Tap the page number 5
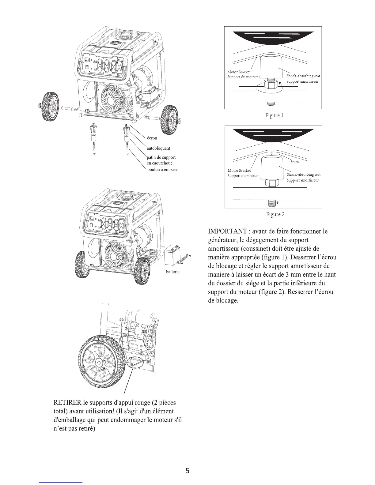click(187, 471)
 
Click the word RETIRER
click(66, 402)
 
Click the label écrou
click(152, 138)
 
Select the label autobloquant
click(158, 148)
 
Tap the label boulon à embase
click(162, 169)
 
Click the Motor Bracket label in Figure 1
click(239, 72)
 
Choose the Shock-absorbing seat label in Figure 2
click(303, 175)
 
